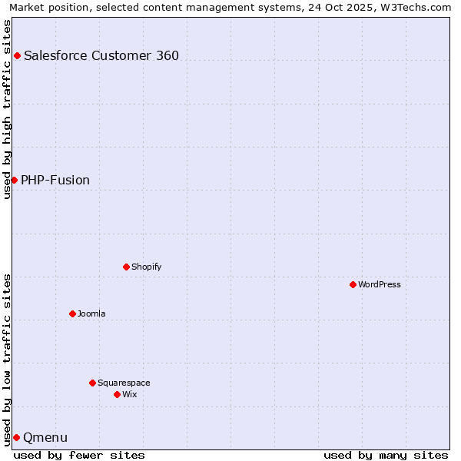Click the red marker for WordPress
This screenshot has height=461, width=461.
tap(353, 284)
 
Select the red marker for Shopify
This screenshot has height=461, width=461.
tap(126, 267)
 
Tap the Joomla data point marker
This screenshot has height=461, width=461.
tap(72, 313)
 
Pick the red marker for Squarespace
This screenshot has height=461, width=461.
tap(92, 383)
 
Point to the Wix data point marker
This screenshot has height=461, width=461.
tap(117, 394)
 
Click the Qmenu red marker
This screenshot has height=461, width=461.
tap(16, 437)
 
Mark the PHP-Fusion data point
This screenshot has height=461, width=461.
tap(14, 180)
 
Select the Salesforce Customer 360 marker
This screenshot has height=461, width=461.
tap(17, 55)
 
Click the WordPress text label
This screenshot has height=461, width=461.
tap(380, 284)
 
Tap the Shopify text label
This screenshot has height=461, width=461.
tap(146, 267)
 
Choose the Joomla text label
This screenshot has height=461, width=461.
tap(91, 313)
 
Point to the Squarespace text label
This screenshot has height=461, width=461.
tap(124, 383)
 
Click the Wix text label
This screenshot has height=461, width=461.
tap(129, 394)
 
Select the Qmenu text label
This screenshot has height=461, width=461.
tap(45, 437)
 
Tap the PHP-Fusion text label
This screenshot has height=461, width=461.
tap(55, 180)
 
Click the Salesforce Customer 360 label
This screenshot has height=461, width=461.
tap(101, 55)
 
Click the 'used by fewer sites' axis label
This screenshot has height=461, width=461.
tap(79, 455)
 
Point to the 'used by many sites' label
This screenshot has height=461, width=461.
tap(386, 455)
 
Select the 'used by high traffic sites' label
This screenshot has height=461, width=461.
tap(7, 109)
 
